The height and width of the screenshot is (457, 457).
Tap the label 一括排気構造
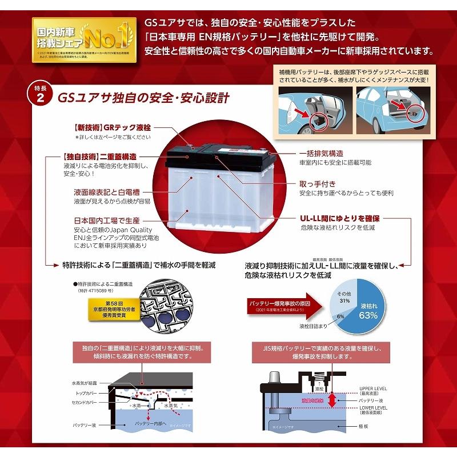(x=321, y=154)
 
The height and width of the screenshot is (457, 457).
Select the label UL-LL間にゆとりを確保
(x=340, y=218)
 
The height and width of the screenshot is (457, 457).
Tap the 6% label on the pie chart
(x=340, y=315)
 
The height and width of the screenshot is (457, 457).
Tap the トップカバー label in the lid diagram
(x=85, y=394)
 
